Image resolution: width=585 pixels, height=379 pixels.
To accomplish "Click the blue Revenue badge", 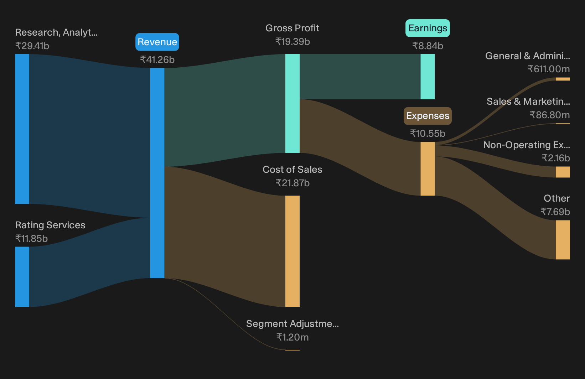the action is coord(157,42).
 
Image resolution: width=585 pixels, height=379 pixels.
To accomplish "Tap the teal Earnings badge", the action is coord(428,28).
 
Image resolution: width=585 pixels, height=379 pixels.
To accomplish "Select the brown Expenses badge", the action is coord(428,116).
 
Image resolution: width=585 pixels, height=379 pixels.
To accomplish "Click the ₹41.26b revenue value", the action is coord(157,59).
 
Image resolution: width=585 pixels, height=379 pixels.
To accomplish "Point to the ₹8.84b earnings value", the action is coord(428,46).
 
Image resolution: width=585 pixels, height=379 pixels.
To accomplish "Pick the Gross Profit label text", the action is coord(292,28).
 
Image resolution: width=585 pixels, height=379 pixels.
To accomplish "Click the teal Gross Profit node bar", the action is coord(292,103).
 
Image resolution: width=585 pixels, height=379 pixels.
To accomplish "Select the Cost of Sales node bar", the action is coord(292,251).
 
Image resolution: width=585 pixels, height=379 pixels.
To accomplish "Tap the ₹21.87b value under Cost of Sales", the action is coord(292,183).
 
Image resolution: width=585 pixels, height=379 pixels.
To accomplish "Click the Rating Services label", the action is coord(50,225).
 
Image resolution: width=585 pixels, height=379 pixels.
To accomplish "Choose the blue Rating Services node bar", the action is coord(22,277).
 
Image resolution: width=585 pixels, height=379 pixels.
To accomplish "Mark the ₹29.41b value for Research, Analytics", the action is coord(32,46).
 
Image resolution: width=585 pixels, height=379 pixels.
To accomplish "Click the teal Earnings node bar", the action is coord(428,77).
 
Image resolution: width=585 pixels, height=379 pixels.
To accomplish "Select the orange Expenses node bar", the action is coord(428,169).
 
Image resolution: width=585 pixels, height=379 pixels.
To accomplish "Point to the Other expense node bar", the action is coord(563,240).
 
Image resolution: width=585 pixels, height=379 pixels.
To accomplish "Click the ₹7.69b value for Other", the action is coord(555,212).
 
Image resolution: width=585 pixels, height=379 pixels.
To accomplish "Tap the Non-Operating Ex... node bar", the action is coord(563,172).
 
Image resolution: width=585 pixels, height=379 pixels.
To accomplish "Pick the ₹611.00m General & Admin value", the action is coord(549,69).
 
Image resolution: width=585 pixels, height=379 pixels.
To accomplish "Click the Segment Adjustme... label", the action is coord(292,324).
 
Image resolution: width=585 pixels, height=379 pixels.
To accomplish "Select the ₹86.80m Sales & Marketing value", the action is coord(550,115).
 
